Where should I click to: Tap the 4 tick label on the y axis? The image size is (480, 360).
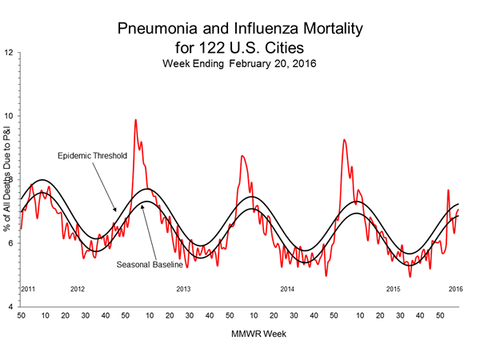pos(10,307)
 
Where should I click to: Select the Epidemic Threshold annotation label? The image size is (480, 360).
pos(92,155)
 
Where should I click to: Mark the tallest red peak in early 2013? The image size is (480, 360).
pos(135,120)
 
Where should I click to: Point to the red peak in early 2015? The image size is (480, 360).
pos(344,140)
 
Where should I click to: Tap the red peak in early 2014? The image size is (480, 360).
pos(242,156)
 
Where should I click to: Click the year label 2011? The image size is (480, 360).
pos(27,288)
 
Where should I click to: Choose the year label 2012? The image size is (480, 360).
pos(78,288)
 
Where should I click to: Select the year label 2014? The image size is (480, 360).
pos(287,288)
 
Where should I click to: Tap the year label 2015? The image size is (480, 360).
pos(393,288)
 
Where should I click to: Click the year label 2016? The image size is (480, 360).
pos(455,288)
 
